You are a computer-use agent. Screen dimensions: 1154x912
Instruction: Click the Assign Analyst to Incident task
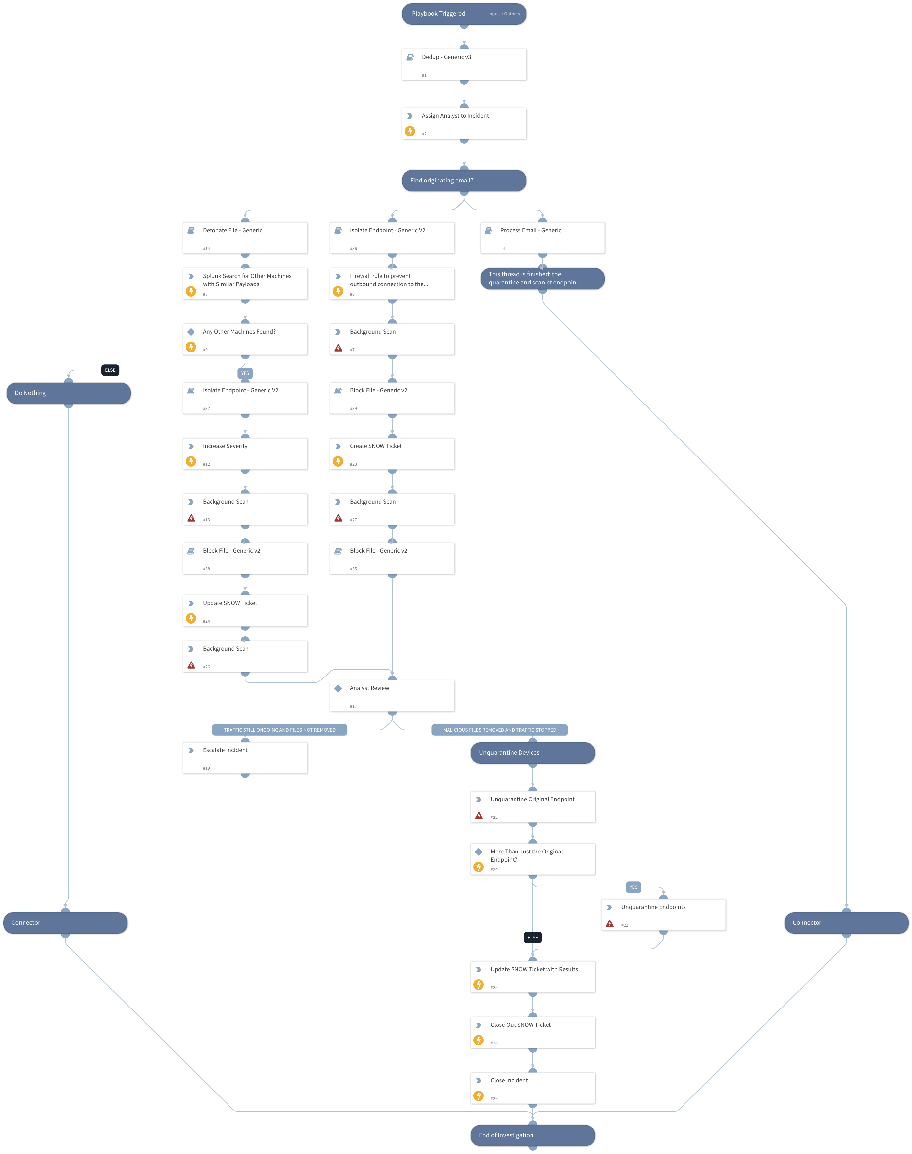click(x=464, y=123)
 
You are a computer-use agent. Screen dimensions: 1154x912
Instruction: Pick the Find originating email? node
click(x=464, y=181)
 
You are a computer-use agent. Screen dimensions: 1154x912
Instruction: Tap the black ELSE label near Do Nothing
click(x=110, y=370)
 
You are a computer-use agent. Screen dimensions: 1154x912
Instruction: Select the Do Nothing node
click(x=68, y=393)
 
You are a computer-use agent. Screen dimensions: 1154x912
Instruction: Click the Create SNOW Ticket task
click(x=392, y=453)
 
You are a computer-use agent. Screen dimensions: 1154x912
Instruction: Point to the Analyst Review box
click(x=392, y=695)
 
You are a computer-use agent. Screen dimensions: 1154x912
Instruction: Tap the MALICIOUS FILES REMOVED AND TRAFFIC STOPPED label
click(x=499, y=730)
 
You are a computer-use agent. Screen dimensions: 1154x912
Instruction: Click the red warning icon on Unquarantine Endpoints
click(x=609, y=923)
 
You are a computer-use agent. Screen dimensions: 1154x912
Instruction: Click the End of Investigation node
click(x=532, y=1135)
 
